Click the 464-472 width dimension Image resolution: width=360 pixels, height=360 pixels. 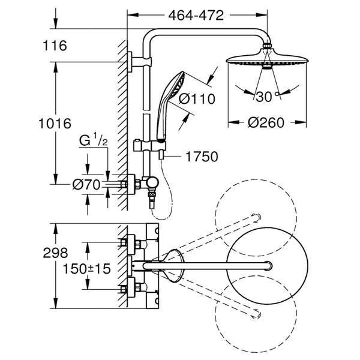pos(196,16)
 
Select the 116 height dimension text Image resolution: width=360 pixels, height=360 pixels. pos(55,46)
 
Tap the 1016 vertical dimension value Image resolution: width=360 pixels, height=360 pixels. pos(55,124)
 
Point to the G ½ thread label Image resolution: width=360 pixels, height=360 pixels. pos(94,140)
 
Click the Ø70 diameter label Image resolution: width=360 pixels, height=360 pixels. pos(86,184)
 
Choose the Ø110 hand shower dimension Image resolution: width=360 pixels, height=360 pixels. pos(197,99)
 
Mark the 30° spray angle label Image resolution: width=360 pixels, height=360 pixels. pos(267,97)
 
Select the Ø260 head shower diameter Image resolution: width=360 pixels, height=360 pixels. pos(266,122)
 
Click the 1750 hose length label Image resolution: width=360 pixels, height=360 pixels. pos(202,157)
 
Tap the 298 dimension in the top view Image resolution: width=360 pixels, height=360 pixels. pos(55,253)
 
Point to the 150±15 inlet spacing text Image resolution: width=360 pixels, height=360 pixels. pos(87,269)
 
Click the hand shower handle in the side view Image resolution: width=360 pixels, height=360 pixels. pos(163,117)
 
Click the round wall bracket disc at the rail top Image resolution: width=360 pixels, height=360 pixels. pos(130,62)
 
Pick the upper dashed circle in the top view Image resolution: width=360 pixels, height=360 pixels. pos(256,179)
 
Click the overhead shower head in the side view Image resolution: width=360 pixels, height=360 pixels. pos(267,59)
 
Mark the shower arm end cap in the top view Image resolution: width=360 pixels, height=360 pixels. pos(269,266)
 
